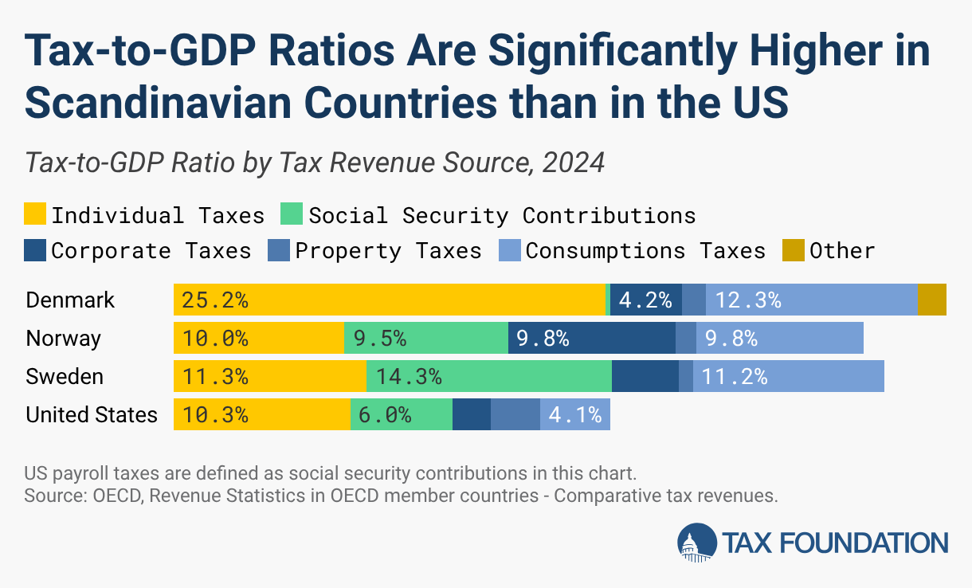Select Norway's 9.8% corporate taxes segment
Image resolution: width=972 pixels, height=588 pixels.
coord(591,338)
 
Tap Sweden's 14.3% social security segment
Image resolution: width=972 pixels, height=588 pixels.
coord(488,376)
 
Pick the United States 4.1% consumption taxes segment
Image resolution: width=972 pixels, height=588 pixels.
coord(574,414)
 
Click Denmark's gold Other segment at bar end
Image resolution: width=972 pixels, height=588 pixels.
coord(931,300)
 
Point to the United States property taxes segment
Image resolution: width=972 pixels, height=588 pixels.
coord(515,414)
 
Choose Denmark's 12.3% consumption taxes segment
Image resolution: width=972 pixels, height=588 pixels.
coord(811,300)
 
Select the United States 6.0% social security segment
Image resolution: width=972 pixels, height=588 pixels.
coord(401,414)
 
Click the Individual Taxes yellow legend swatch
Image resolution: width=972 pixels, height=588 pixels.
coord(35,215)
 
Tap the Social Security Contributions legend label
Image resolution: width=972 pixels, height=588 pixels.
coord(502,215)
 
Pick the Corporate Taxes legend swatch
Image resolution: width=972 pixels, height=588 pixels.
coord(35,250)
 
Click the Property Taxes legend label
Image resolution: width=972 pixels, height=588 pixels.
coord(388,250)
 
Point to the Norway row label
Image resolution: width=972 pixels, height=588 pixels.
coord(64,338)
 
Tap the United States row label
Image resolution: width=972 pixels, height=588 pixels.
coord(92,414)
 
